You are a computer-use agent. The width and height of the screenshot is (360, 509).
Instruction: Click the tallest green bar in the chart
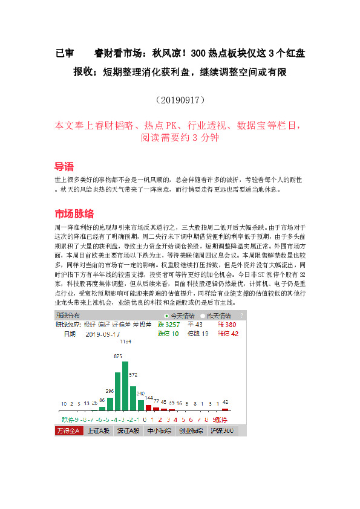coord(125,386)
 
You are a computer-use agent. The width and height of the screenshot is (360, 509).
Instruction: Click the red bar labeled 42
coord(225,409)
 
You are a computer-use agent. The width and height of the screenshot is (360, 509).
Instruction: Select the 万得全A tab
coord(68,431)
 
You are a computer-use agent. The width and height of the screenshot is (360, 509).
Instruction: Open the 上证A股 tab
coord(99,431)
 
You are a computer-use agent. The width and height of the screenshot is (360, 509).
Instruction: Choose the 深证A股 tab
coord(129,431)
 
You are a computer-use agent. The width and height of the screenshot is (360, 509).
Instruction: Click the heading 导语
coord(64,166)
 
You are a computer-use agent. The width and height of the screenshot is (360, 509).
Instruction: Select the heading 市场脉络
coord(74,214)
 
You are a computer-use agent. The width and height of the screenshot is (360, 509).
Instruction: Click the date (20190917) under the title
coord(180,98)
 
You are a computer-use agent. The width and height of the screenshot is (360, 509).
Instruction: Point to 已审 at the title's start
coord(64,53)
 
